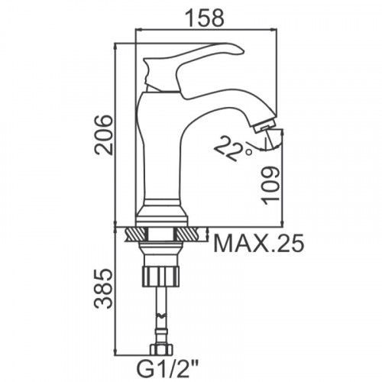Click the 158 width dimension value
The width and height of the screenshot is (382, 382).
(x=205, y=18)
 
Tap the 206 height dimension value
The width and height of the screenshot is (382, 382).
(x=103, y=134)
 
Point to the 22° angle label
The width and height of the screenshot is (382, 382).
(x=233, y=148)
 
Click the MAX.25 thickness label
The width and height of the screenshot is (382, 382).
(x=259, y=244)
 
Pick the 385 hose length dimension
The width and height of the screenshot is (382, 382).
(x=103, y=289)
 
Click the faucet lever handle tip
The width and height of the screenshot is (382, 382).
(x=243, y=51)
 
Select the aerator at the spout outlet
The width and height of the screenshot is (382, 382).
(x=265, y=127)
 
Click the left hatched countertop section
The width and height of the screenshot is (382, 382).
(x=137, y=235)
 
